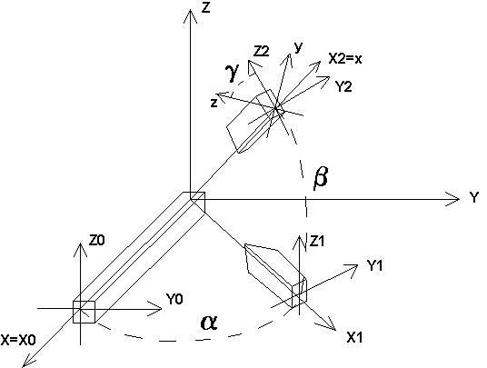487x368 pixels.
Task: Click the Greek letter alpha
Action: pos(209,323)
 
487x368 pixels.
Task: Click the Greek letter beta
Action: pos(320,178)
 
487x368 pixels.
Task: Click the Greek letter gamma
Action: pos(233,73)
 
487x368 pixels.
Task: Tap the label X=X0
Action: pos(18,340)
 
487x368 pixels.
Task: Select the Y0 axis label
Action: pos(174,299)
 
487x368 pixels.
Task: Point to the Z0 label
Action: pos(97,241)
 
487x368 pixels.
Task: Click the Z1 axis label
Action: pos(317,241)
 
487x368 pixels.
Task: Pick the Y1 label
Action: pos(374,265)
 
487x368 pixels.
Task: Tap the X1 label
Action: pos(354,337)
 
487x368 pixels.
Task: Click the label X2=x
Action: pos(345,58)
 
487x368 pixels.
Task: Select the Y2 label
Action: pos(343,86)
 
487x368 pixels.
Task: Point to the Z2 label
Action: pos(261,51)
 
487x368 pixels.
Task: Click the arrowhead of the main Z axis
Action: pos(190,16)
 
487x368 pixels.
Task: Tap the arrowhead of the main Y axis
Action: pos(452,199)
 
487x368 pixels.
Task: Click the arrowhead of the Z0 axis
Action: pos(81,250)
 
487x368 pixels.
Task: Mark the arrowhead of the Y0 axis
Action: pos(154,309)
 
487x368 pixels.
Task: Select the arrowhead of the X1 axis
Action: pos(328,324)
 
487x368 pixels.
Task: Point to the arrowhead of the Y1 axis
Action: pos(352,270)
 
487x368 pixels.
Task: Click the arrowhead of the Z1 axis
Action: pos(299,243)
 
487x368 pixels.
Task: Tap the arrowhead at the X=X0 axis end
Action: pos(28,361)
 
